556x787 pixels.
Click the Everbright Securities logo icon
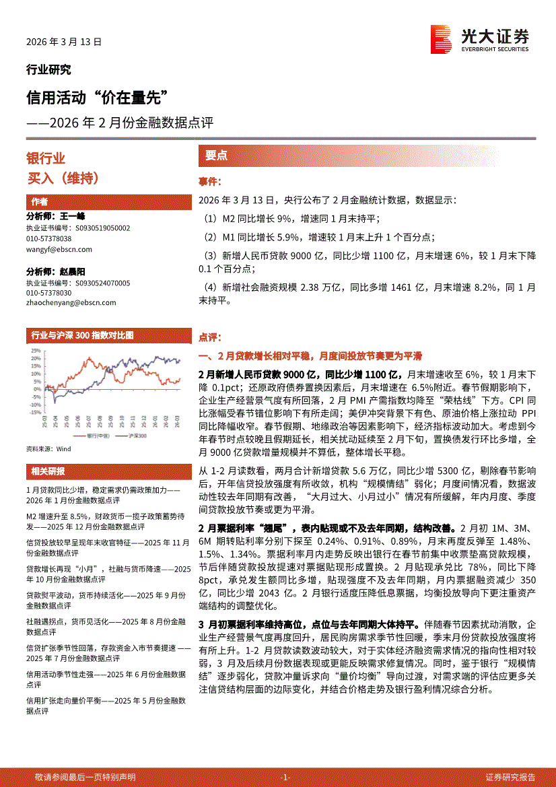click(x=441, y=39)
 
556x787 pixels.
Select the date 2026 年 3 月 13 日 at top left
click(x=64, y=42)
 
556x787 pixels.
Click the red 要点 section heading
click(x=216, y=156)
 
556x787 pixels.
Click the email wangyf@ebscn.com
click(x=59, y=249)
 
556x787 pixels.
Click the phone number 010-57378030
click(x=48, y=294)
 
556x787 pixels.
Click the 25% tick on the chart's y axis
click(x=35, y=351)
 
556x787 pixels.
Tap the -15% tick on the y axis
click(x=34, y=413)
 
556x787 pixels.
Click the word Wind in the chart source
click(x=63, y=448)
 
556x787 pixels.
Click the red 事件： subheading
click(x=210, y=182)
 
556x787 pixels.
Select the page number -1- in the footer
click(x=285, y=777)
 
